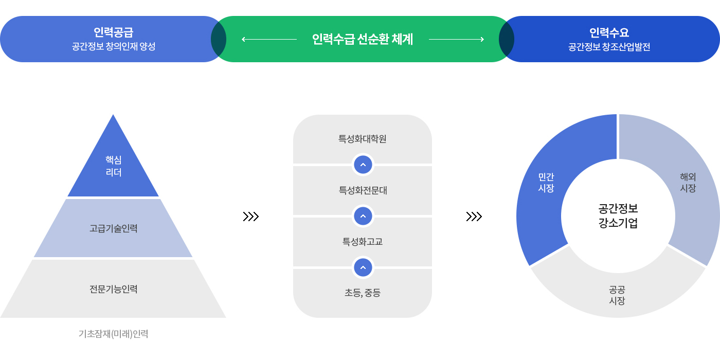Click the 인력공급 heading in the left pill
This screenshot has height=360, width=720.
113,32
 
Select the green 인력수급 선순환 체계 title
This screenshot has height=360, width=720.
363,39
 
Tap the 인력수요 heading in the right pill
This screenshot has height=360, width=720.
609,32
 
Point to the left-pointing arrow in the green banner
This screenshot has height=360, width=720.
269,39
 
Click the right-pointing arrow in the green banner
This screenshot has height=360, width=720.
456,39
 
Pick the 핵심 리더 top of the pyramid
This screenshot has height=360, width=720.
113,166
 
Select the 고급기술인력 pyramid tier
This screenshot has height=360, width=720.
113,228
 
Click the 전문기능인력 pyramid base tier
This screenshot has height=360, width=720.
113,289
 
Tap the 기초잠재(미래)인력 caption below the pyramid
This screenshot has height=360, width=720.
113,334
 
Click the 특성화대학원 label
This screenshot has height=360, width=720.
363,139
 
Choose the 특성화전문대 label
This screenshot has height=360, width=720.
363,190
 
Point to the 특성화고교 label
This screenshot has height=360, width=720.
363,241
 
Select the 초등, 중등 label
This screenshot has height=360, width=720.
363,293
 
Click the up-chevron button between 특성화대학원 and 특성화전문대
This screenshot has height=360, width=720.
363,165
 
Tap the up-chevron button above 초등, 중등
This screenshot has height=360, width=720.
363,267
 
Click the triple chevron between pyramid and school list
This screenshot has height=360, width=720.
250,217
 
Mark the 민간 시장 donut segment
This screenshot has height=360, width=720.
546,183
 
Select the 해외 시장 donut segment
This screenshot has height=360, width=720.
688,183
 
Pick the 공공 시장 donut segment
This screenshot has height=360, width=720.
617,295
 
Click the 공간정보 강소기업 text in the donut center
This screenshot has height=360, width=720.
618,216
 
